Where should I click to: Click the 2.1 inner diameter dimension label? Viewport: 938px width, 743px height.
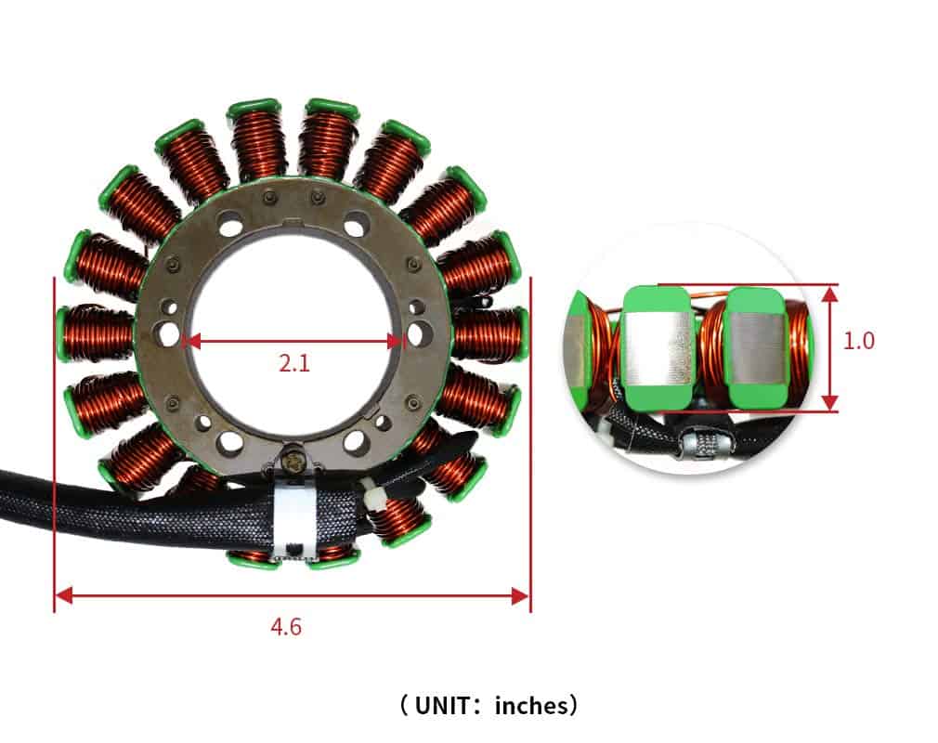[x=294, y=363]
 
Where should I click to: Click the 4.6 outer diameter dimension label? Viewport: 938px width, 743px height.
[x=286, y=626]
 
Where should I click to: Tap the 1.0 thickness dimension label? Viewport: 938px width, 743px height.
[x=858, y=341]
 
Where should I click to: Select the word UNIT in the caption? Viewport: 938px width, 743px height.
[x=442, y=705]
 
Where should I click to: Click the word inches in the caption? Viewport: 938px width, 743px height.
[x=531, y=706]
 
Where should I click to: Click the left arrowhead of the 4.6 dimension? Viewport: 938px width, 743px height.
[x=63, y=595]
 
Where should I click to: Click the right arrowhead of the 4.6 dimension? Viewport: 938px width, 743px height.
[x=520, y=596]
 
